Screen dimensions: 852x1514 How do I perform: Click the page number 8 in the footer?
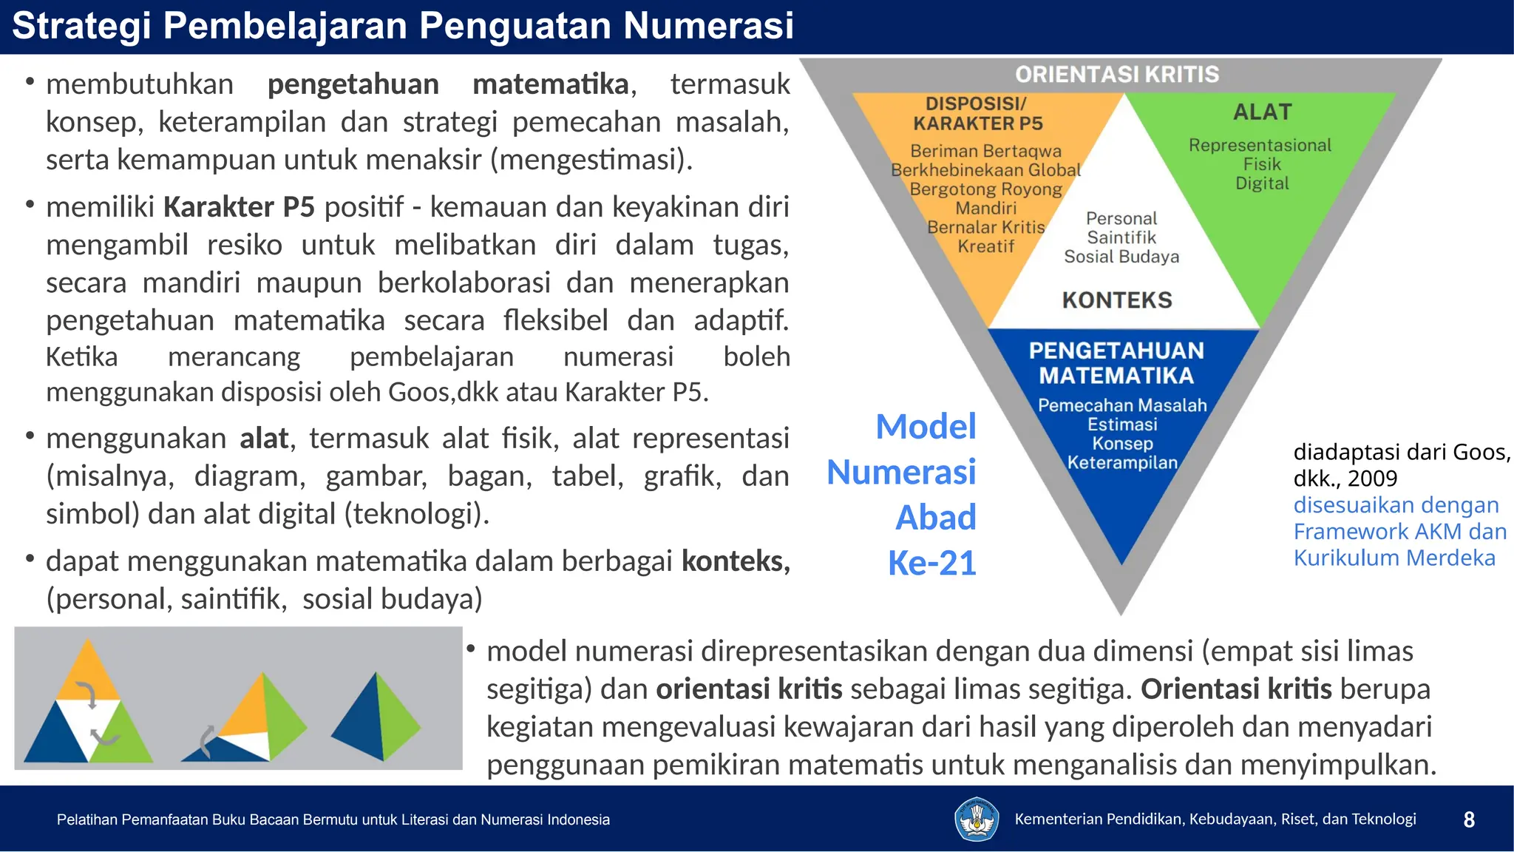pyautogui.click(x=1469, y=819)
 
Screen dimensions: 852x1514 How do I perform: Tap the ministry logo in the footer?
pyautogui.click(x=977, y=819)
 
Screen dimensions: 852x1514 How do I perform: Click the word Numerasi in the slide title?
pyautogui.click(x=708, y=25)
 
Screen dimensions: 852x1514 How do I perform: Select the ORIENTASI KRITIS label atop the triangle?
pyautogui.click(x=1116, y=75)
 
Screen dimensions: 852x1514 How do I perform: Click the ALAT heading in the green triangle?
pyautogui.click(x=1262, y=112)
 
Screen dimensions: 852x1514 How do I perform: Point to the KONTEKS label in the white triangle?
pyautogui.click(x=1117, y=300)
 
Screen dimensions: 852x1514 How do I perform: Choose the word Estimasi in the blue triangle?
pyautogui.click(x=1122, y=425)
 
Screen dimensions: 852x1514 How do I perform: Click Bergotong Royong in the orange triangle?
pyautogui.click(x=985, y=189)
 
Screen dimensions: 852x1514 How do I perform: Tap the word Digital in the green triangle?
pyautogui.click(x=1262, y=183)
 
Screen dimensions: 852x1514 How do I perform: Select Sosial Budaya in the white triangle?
pyautogui.click(x=1121, y=257)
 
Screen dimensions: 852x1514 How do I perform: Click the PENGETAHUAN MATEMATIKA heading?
pyautogui.click(x=1116, y=363)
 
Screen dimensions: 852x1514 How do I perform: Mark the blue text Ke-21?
pyautogui.click(x=931, y=563)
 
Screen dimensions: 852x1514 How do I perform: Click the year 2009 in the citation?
pyautogui.click(x=1372, y=479)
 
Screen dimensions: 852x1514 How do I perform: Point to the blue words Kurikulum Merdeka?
pyautogui.click(x=1394, y=558)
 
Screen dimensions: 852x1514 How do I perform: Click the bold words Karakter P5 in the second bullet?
pyautogui.click(x=239, y=207)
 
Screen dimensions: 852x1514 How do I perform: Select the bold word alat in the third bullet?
pyautogui.click(x=263, y=439)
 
